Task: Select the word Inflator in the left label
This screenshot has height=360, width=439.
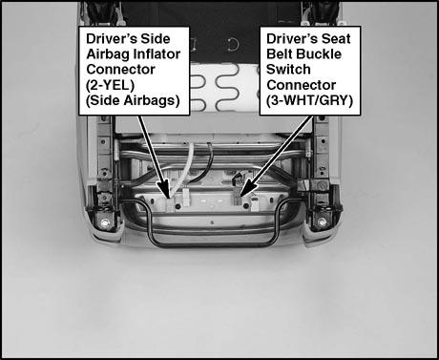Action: (157, 53)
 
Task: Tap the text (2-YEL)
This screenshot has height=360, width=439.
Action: (110, 85)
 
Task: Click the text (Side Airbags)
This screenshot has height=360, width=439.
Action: (133, 100)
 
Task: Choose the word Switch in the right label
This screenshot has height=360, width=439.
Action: (288, 70)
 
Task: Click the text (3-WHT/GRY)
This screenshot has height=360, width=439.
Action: (309, 100)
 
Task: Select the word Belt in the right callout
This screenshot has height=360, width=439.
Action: (280, 53)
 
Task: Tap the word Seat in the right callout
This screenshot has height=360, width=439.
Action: (336, 39)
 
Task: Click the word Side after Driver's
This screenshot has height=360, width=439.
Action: (156, 39)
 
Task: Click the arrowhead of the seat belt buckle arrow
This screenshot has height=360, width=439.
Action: (246, 187)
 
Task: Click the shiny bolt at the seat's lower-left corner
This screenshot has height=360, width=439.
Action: (104, 223)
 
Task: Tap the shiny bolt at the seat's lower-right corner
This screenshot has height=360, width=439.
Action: (323, 222)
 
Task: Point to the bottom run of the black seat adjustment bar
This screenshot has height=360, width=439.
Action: (213, 245)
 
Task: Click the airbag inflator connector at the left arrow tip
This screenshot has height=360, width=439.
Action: (171, 203)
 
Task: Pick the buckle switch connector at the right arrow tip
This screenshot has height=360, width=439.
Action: (238, 197)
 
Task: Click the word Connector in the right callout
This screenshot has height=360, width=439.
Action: (301, 85)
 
